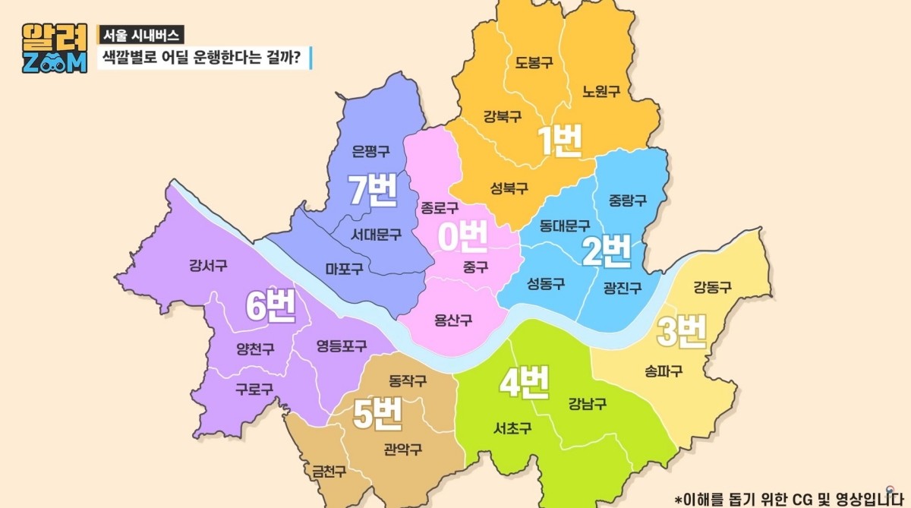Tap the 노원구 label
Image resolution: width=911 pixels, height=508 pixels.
coord(601,91)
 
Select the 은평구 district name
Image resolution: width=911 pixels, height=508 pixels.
coord(371,151)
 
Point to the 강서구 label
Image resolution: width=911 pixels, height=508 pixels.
coord(208,266)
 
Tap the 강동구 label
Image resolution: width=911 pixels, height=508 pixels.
coord(712,287)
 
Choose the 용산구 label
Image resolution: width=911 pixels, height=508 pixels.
coord(453,320)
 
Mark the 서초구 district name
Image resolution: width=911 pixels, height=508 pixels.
coord(512,428)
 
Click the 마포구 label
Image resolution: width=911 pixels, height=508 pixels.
coord(344,268)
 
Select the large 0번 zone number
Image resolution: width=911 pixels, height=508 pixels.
coord(462,238)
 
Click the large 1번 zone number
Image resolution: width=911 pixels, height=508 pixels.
coord(560,141)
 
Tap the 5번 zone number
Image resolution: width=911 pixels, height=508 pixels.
coord(377,414)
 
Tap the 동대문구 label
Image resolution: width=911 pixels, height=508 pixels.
coord(565,226)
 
